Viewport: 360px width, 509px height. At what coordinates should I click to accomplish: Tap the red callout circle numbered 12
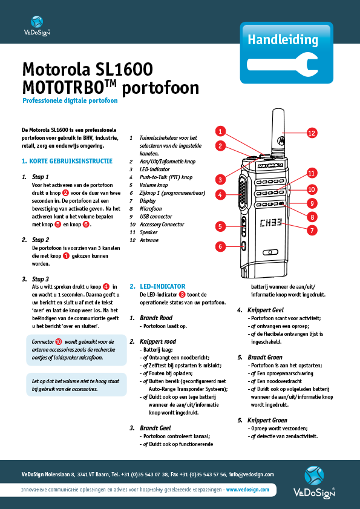[312, 133]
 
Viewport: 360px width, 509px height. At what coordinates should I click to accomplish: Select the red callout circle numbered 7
[312, 230]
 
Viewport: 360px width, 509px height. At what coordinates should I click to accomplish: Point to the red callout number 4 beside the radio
[221, 194]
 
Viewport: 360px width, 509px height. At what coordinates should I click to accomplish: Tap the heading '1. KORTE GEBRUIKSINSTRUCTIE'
[67, 162]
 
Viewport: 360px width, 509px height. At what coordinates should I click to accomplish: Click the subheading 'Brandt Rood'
[157, 317]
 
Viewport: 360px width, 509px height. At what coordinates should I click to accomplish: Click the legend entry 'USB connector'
[156, 215]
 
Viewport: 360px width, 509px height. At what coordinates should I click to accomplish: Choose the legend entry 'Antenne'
[150, 239]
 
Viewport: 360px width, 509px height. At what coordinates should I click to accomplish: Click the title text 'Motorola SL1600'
[87, 68]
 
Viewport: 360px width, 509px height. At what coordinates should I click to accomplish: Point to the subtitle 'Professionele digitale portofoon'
[70, 101]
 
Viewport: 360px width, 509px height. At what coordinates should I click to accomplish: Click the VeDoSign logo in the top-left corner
[36, 24]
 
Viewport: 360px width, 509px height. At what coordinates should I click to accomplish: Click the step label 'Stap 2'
[41, 240]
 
